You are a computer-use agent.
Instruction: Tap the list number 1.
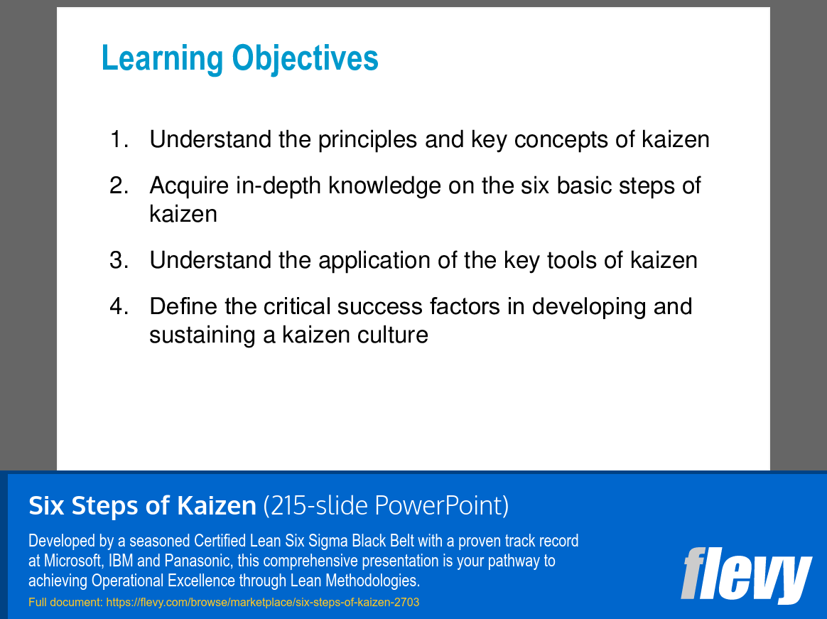pyautogui.click(x=119, y=139)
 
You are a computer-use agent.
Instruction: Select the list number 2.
pyautogui.click(x=119, y=185)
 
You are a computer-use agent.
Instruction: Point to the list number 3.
pyautogui.click(x=119, y=260)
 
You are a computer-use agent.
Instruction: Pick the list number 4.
pyautogui.click(x=119, y=306)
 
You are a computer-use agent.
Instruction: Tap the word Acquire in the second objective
pyautogui.click(x=189, y=185)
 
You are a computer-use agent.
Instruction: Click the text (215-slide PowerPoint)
pyautogui.click(x=386, y=506)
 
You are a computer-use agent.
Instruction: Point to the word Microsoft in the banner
pyautogui.click(x=73, y=561)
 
